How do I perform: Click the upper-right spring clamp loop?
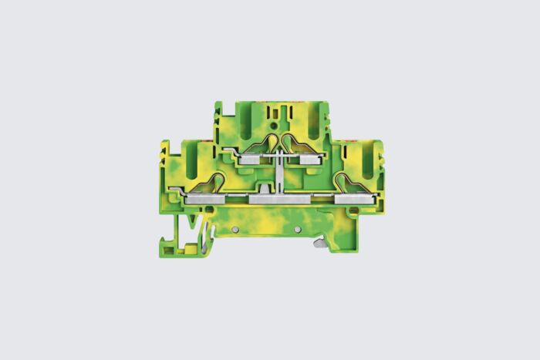tap(294, 143)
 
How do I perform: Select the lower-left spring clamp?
tap(213, 183)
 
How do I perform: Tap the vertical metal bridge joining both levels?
tap(276, 173)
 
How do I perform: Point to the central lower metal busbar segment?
tap(278, 200)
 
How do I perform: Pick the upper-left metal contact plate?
tap(252, 160)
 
